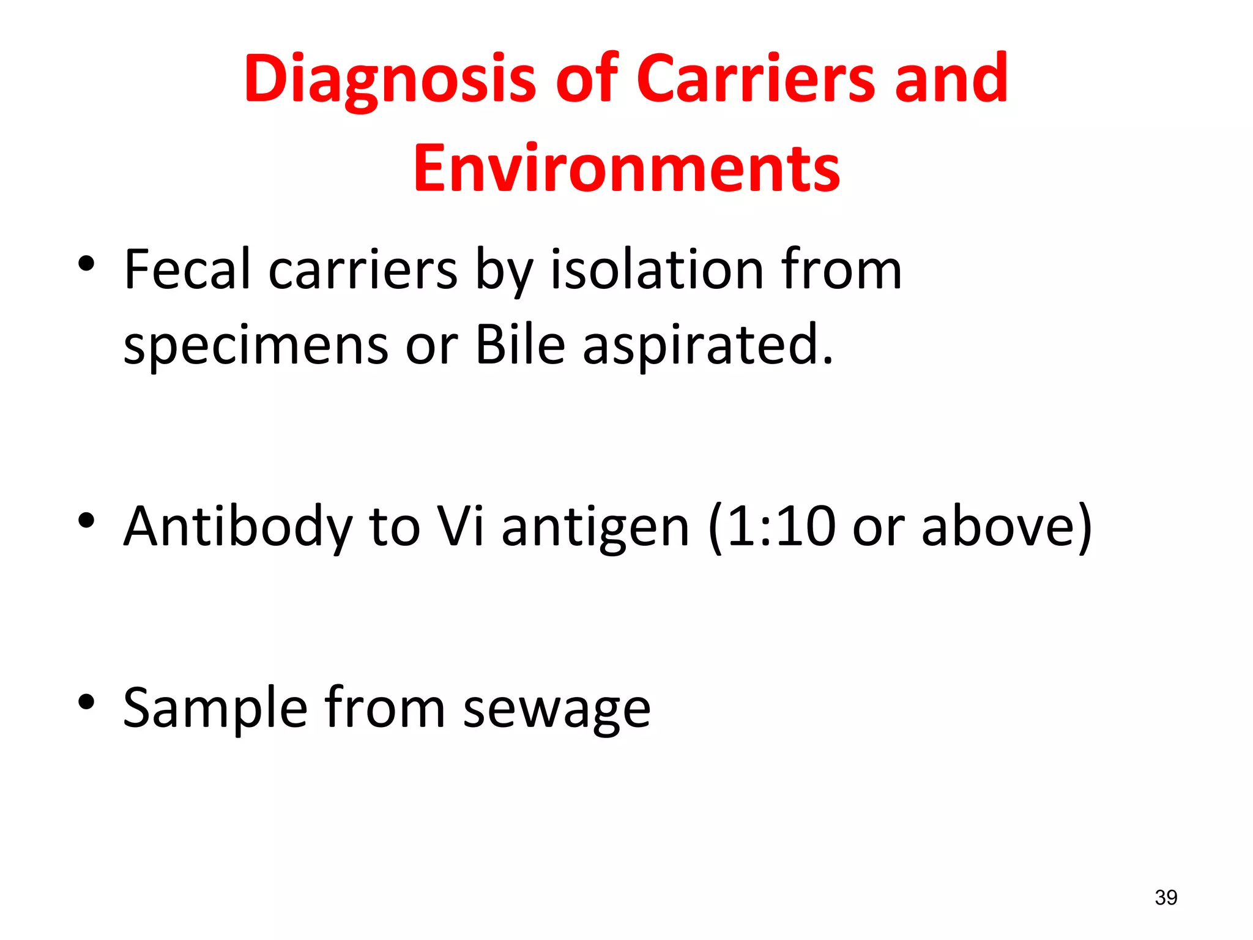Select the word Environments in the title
tap(626, 168)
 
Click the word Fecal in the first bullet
tap(187, 270)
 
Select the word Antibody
tap(238, 527)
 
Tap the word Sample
tap(215, 709)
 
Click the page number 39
tap(1166, 898)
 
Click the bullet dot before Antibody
tap(86, 521)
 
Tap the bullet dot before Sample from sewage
tap(86, 702)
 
